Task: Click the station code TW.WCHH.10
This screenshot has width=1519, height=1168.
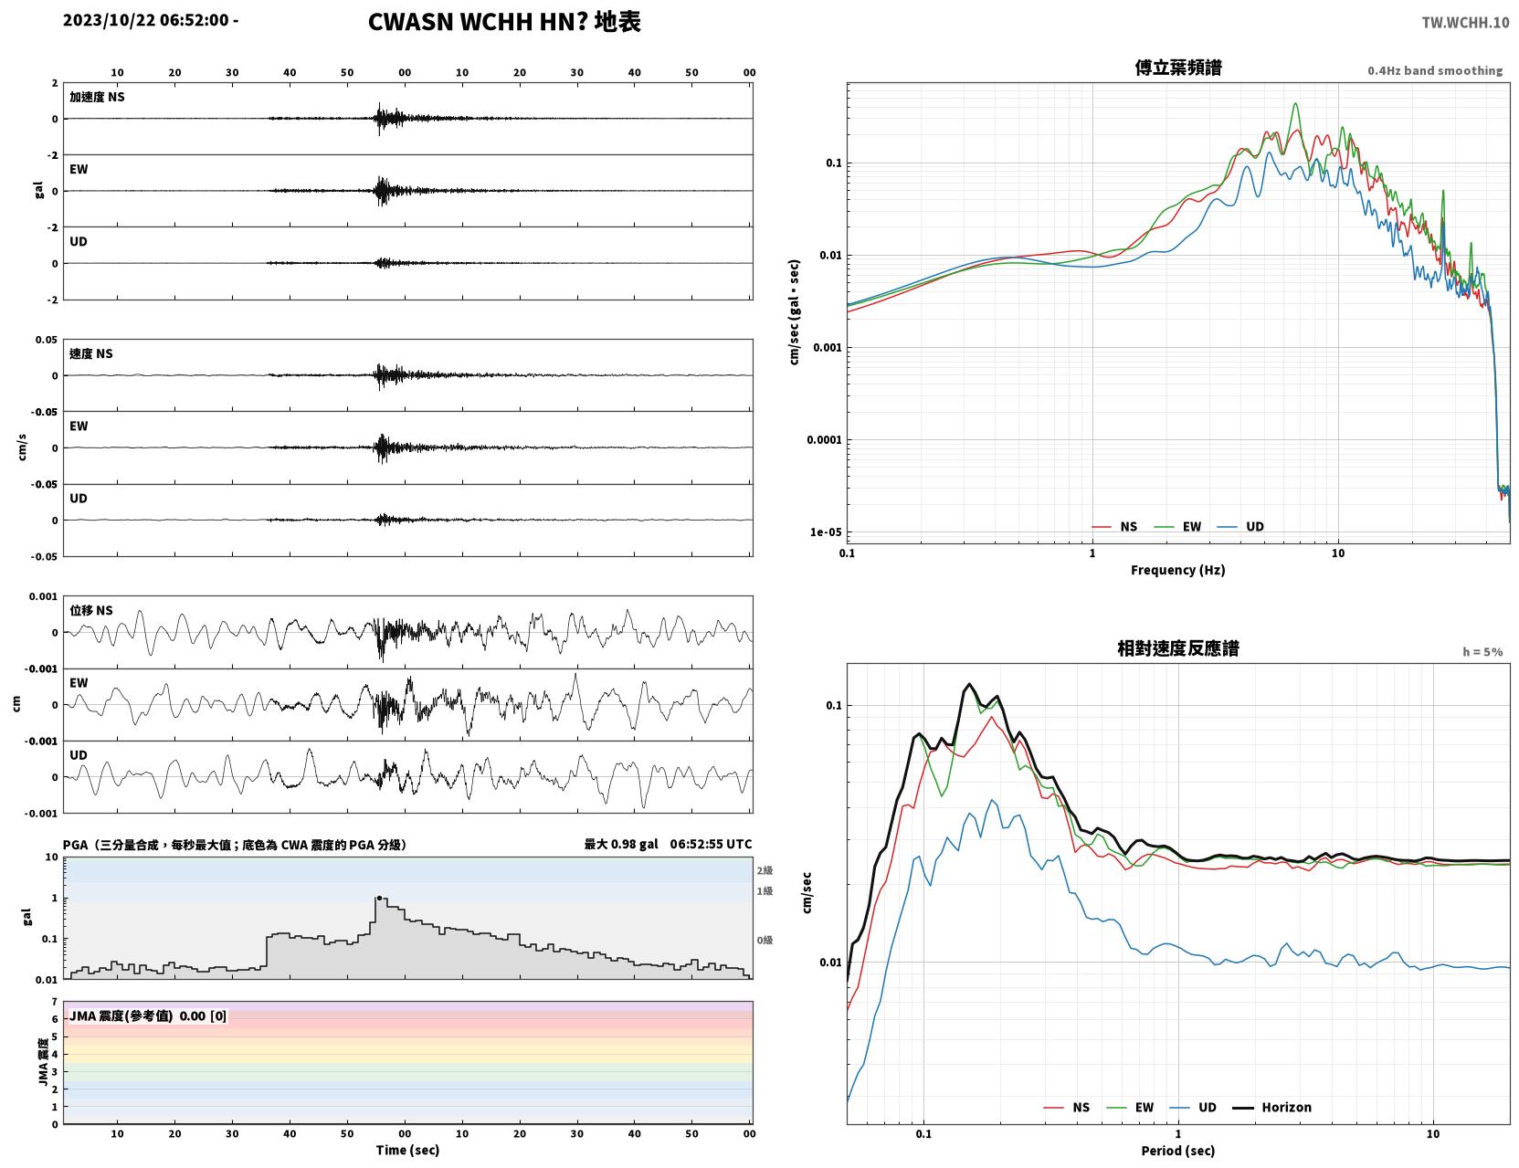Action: pyautogui.click(x=1464, y=22)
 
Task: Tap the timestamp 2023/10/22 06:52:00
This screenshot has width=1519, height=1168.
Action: pyautogui.click(x=146, y=19)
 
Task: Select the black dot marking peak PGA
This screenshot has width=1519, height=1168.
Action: pyautogui.click(x=379, y=899)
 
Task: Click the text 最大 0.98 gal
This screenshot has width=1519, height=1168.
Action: pyautogui.click(x=621, y=844)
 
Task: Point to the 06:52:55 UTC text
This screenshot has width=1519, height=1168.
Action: pyautogui.click(x=711, y=844)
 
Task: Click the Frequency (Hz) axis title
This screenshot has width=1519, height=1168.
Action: pyautogui.click(x=1177, y=570)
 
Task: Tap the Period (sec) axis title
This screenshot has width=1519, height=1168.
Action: pyautogui.click(x=1177, y=1151)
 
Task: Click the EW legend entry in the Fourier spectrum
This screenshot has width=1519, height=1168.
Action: pyautogui.click(x=1178, y=527)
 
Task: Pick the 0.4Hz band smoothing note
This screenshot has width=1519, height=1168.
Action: pyautogui.click(x=1434, y=70)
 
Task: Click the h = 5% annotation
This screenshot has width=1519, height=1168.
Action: pyautogui.click(x=1482, y=652)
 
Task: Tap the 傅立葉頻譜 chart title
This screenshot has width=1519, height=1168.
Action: pyautogui.click(x=1178, y=68)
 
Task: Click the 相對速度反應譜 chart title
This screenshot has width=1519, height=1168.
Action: pyautogui.click(x=1178, y=648)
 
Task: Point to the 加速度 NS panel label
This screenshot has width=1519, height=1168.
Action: pyautogui.click(x=97, y=97)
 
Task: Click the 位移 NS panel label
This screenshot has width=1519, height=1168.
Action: pyautogui.click(x=90, y=611)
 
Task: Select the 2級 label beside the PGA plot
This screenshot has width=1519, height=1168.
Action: pyautogui.click(x=765, y=870)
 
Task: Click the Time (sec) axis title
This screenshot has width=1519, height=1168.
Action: pyautogui.click(x=407, y=1150)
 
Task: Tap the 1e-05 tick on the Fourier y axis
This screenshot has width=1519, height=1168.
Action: pyautogui.click(x=826, y=532)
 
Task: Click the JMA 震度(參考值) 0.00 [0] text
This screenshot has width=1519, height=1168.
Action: pyautogui.click(x=147, y=1015)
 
